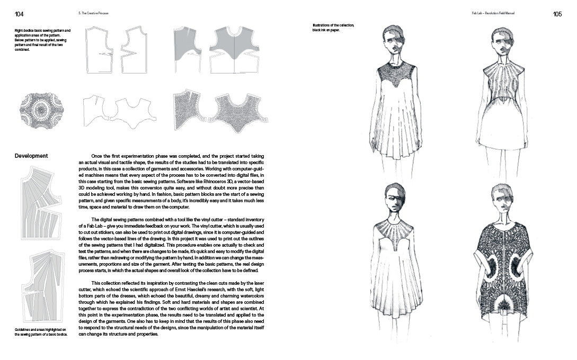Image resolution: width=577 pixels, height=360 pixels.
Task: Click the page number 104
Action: pyautogui.click(x=19, y=14)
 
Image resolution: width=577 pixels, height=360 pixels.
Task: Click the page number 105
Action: pyautogui.click(x=557, y=14)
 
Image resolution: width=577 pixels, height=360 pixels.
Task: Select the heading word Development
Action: pyautogui.click(x=31, y=156)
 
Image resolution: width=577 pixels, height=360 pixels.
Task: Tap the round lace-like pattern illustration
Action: pyautogui.click(x=41, y=111)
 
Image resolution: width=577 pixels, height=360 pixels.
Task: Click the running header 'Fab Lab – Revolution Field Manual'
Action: pyautogui.click(x=493, y=13)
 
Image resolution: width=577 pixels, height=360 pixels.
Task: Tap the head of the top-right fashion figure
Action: pyautogui.click(x=502, y=40)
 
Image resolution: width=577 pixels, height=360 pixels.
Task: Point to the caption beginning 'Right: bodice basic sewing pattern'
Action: pyautogui.click(x=42, y=40)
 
